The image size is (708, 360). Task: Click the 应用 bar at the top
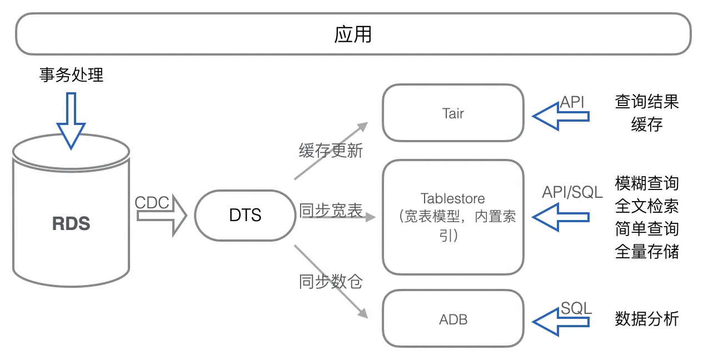pos(353,34)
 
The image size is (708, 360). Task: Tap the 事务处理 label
pos(71,75)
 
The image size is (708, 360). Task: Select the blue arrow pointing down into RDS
pos(71,119)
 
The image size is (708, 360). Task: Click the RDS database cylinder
pos(71,222)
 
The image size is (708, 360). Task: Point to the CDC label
pos(152,203)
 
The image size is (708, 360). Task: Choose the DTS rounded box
pos(245,215)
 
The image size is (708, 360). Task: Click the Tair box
pos(453,113)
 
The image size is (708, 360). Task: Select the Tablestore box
pos(453,217)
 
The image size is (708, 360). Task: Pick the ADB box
pos(453,319)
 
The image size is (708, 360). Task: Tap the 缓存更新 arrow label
pos(331,151)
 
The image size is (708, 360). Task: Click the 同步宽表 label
pos(331,211)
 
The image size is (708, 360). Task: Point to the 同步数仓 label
pos(331,282)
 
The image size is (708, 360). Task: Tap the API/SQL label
pos(572,192)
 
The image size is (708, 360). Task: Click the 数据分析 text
pos(647,319)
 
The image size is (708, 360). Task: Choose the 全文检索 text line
pos(647,206)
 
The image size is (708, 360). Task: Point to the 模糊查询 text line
pos(647,183)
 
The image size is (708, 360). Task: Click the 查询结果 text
pos(647,102)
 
